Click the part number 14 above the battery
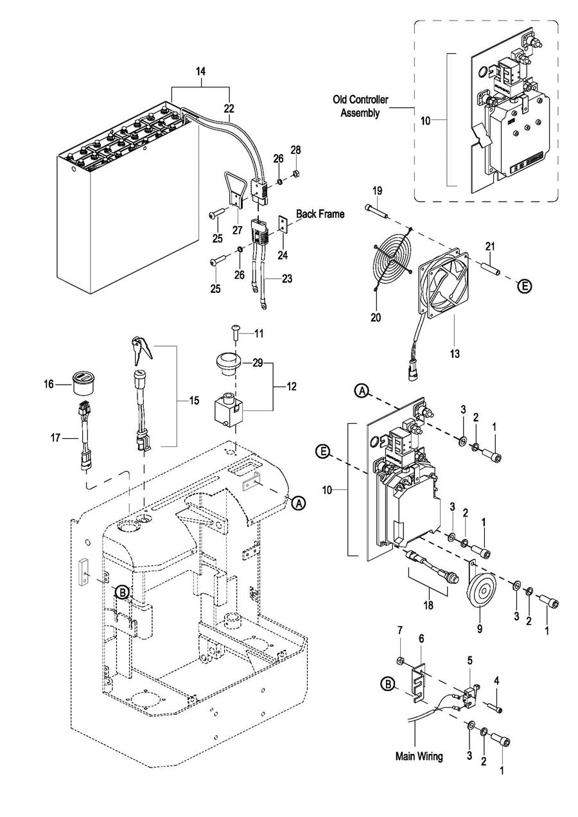click(200, 71)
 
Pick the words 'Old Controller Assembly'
click(360, 106)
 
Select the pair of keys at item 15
click(142, 350)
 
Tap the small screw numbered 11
click(236, 333)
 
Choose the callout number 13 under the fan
click(455, 353)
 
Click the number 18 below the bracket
click(428, 606)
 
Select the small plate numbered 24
click(283, 223)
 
